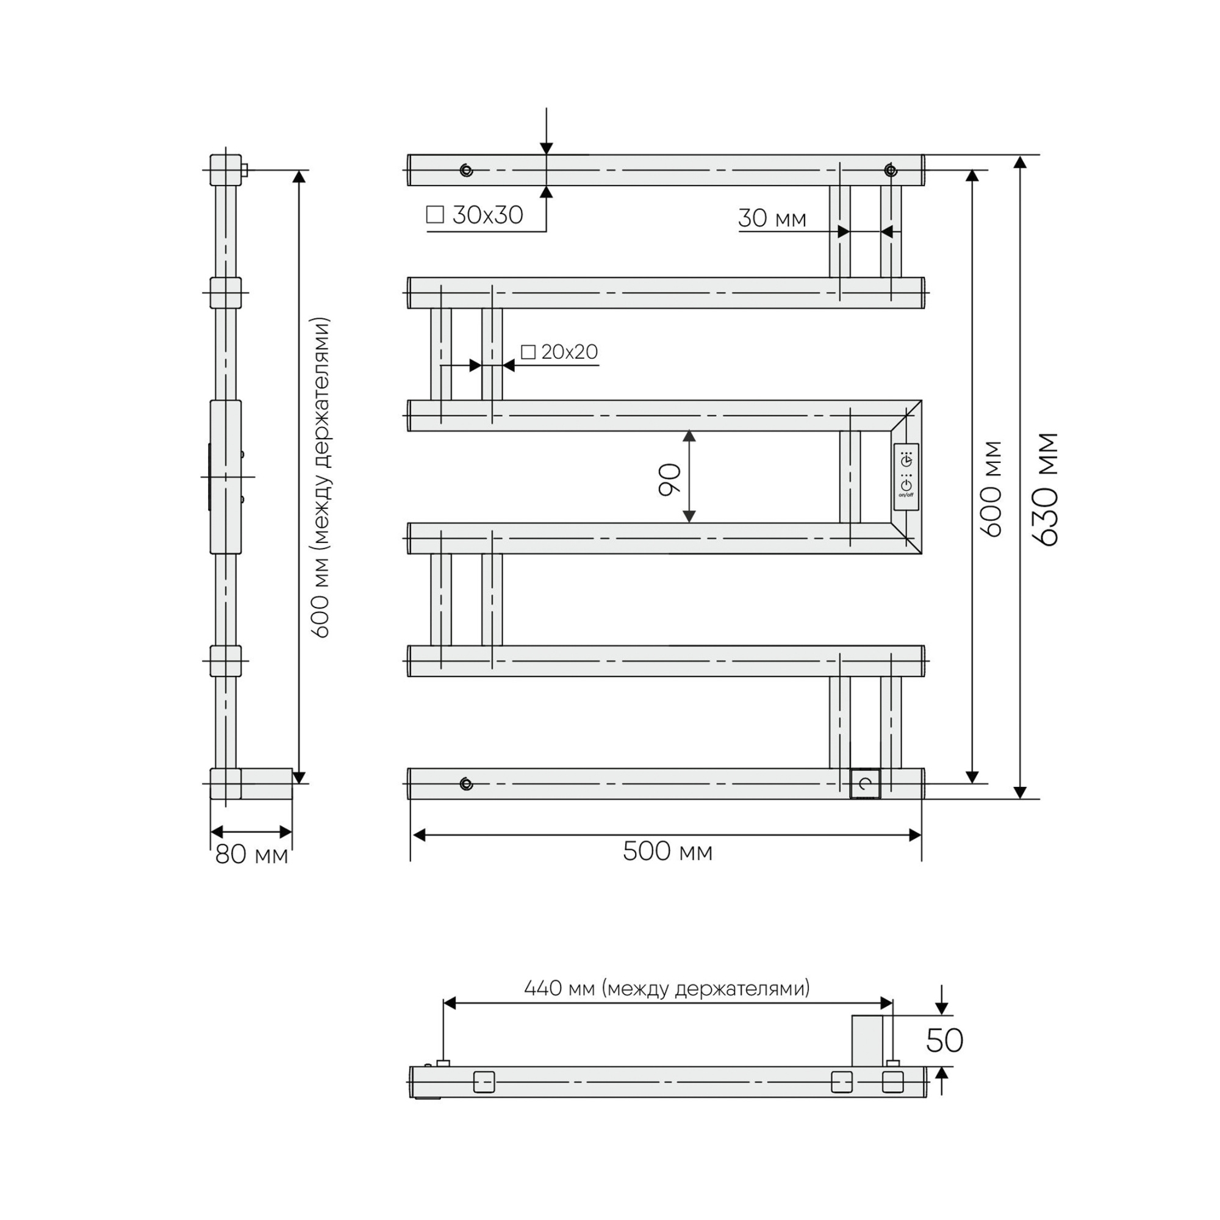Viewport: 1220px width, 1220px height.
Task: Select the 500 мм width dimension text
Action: point(667,852)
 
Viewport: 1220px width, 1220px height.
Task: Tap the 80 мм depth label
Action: point(251,855)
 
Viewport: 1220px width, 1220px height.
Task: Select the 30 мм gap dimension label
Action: point(772,218)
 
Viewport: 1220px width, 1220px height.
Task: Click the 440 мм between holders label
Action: point(667,988)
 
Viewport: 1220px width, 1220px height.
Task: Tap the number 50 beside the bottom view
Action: point(944,1041)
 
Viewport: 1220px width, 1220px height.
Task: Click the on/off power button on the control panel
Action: point(906,485)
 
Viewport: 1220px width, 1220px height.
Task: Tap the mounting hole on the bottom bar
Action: point(466,784)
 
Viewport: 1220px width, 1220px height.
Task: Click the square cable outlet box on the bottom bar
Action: point(865,784)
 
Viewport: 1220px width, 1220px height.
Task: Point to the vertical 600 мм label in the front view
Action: point(993,489)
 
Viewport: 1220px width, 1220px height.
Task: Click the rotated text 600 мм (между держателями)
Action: point(321,478)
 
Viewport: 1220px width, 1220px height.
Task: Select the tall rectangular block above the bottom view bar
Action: point(867,1041)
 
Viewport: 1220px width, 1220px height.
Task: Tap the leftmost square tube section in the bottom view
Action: point(484,1082)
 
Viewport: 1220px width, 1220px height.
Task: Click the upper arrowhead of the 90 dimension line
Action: point(689,436)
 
